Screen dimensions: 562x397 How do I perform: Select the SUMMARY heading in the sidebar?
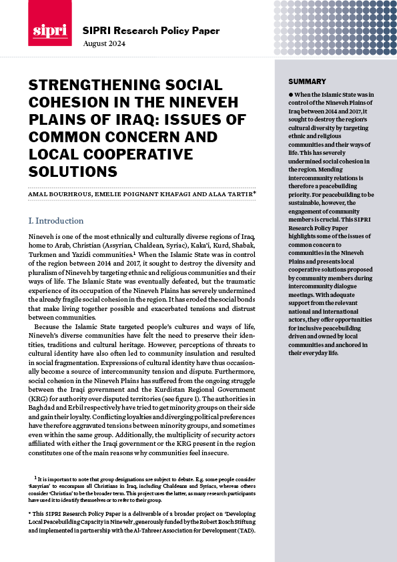(307, 81)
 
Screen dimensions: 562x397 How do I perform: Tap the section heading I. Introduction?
(56, 220)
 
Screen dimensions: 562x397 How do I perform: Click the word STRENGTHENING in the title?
(90, 85)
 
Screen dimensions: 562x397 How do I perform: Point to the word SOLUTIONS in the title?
(73, 172)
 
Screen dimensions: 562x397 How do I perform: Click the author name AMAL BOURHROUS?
(58, 194)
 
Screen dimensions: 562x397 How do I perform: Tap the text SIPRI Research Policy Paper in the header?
(151, 31)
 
